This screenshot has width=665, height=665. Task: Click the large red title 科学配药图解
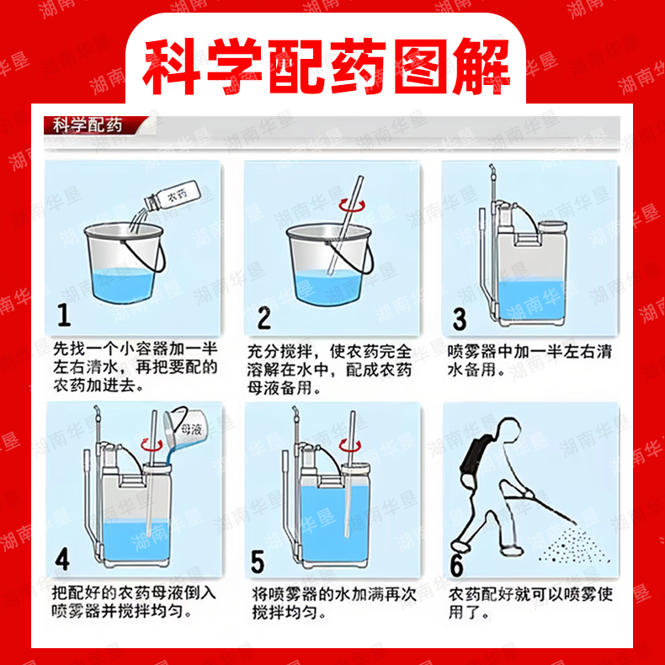click(x=326, y=66)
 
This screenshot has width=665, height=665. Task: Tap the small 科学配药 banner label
click(x=88, y=125)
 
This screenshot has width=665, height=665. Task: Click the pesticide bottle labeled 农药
click(x=173, y=195)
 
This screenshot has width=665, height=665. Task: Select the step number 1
click(x=64, y=315)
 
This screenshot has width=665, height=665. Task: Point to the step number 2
click(x=263, y=318)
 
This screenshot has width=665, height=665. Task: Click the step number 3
click(x=460, y=319)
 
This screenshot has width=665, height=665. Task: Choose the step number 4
click(x=62, y=559)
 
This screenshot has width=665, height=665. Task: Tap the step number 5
click(x=258, y=562)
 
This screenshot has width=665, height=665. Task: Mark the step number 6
click(x=456, y=566)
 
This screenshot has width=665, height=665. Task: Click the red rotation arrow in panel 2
click(x=351, y=205)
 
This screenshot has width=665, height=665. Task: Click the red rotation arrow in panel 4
click(x=152, y=445)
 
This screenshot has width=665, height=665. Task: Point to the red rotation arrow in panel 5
click(x=350, y=446)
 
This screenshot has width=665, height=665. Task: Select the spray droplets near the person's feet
click(x=575, y=545)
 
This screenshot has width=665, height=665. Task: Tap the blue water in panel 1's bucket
click(x=121, y=286)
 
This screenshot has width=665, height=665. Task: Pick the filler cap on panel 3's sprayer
click(x=552, y=226)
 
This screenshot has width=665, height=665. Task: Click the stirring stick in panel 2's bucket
click(x=345, y=225)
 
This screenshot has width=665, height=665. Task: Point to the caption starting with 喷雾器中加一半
click(x=529, y=360)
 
